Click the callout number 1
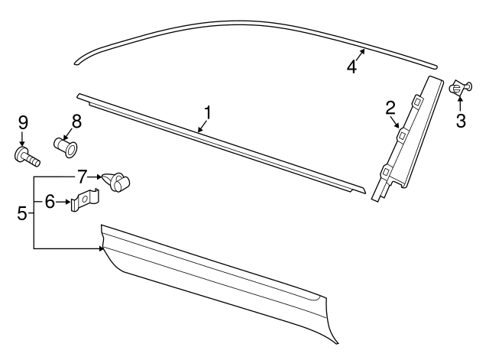tap(206, 113)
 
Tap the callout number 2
tap(390, 108)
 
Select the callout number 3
tap(461, 121)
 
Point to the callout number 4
tap(351, 66)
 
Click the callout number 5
tap(21, 212)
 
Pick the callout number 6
tap(50, 202)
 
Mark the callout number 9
tap(22, 122)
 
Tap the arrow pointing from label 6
tap(64, 203)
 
